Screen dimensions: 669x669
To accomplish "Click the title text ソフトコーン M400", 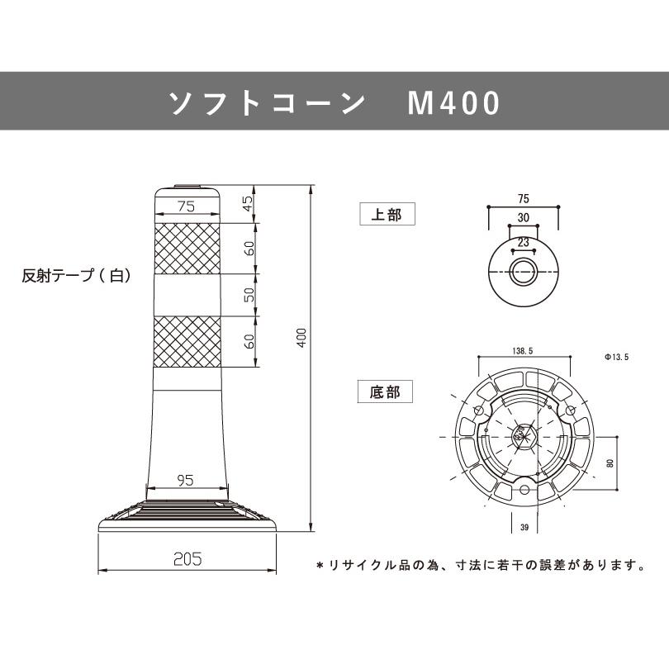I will click(334, 103).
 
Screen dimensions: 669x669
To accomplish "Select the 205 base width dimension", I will click(188, 559).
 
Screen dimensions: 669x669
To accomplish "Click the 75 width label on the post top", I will click(187, 207).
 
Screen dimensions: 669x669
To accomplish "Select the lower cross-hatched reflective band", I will click(187, 341).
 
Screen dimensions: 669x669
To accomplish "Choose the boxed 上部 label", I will click(387, 216).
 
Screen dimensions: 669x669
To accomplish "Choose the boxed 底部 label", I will click(385, 391).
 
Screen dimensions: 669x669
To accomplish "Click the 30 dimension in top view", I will click(524, 217).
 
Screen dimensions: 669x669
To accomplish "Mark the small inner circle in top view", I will click(523, 271).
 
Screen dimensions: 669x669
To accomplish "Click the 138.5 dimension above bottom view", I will click(524, 350).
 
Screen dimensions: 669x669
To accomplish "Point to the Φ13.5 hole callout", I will click(617, 358).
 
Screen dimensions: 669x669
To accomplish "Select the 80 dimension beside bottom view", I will click(610, 463).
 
